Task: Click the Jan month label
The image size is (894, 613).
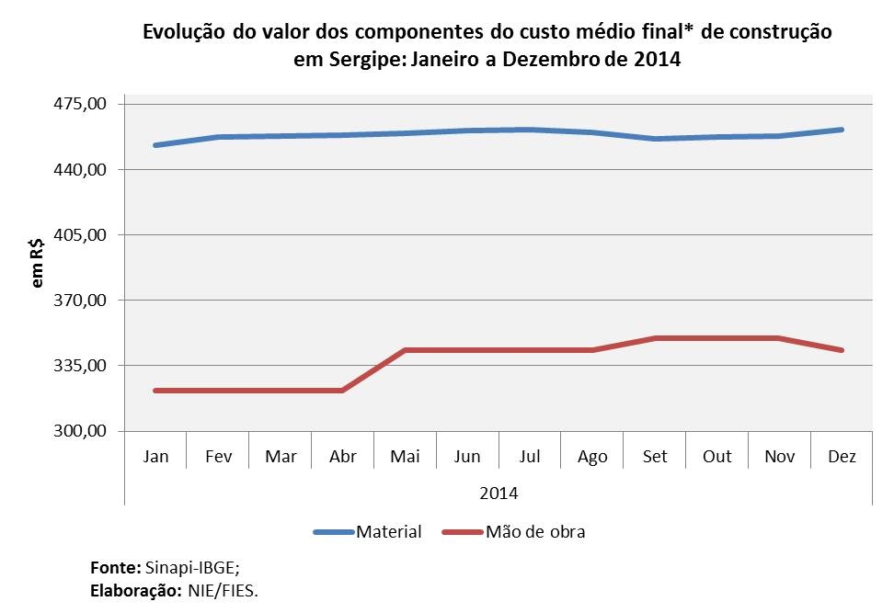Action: [x=155, y=457]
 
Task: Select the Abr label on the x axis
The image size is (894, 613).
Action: [x=342, y=457]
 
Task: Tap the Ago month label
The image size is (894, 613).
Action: [x=592, y=457]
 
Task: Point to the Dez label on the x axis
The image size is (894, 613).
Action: [x=842, y=457]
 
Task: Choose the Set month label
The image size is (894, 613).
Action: [x=655, y=457]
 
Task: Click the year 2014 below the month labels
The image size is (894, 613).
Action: [x=499, y=493]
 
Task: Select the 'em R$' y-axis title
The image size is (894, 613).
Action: [x=38, y=263]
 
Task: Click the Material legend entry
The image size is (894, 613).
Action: [x=388, y=531]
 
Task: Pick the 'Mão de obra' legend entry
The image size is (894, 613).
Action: [x=534, y=531]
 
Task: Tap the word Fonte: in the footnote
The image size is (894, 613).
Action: [x=116, y=568]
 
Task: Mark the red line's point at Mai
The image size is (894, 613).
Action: [x=405, y=350]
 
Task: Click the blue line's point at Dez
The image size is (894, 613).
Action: [x=842, y=130]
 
